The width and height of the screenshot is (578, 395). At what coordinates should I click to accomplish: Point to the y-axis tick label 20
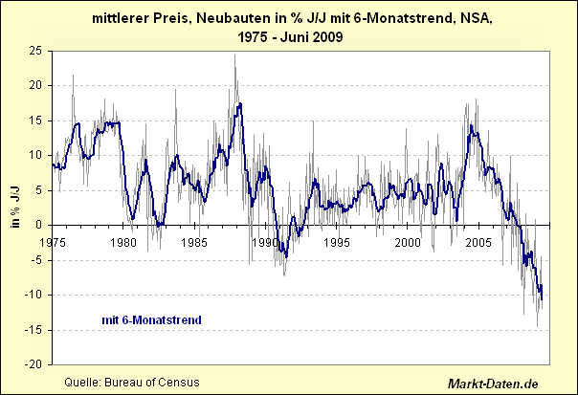coord(39,85)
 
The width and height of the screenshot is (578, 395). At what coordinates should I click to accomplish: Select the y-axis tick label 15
coord(39,120)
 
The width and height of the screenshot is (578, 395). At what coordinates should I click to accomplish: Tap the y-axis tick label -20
coord(37,364)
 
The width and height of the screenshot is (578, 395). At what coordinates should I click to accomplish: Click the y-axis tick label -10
coord(37,295)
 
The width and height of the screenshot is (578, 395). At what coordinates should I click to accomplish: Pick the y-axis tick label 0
coord(43,225)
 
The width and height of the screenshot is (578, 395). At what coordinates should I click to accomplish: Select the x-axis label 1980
coord(124,242)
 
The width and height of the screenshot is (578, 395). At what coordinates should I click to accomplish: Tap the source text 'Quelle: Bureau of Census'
coord(131,383)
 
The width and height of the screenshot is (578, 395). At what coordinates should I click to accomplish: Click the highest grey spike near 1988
coord(235,55)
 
